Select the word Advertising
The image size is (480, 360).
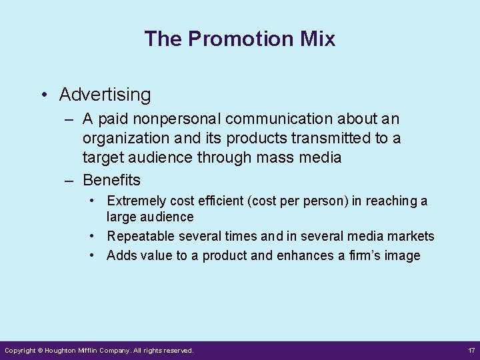pyautogui.click(x=105, y=95)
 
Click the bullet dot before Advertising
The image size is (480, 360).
pyautogui.click(x=43, y=95)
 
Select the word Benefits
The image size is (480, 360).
pyautogui.click(x=111, y=179)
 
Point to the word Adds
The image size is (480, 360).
pyautogui.click(x=120, y=255)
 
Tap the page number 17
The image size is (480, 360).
pyautogui.click(x=471, y=350)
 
